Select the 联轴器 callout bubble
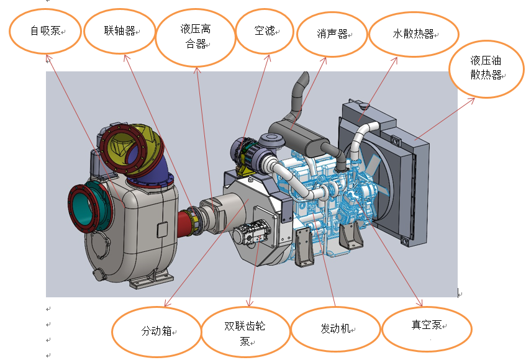pyautogui.click(x=119, y=30)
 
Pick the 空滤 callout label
pyautogui.click(x=265, y=30)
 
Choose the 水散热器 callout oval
pyautogui.click(x=414, y=34)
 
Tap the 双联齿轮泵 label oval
pyautogui.click(x=245, y=333)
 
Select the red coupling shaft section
pyautogui.click(x=186, y=220)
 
